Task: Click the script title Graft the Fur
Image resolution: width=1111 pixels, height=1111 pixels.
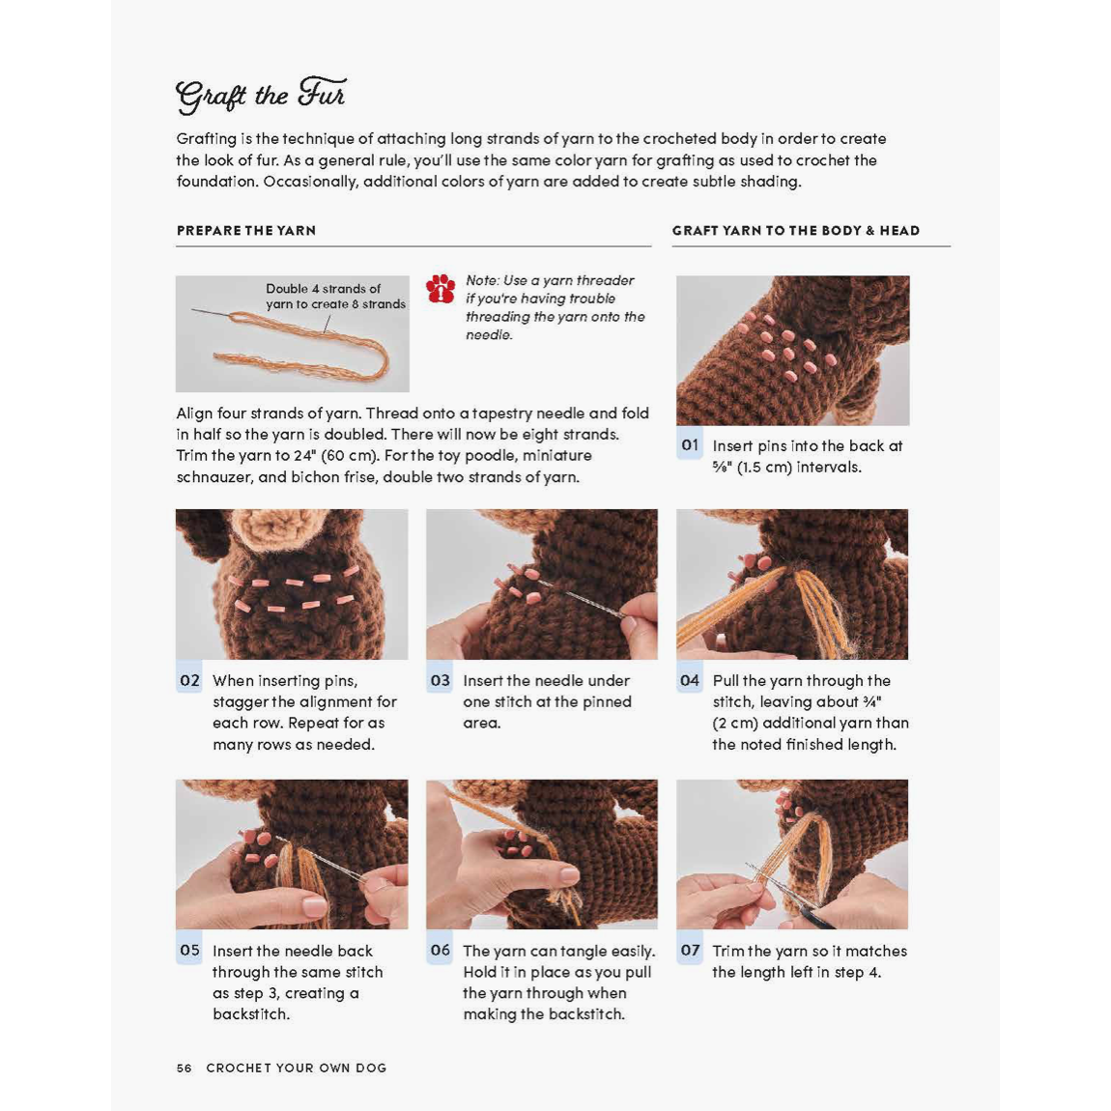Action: [x=260, y=95]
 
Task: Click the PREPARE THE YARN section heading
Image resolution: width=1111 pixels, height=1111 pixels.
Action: [x=245, y=231]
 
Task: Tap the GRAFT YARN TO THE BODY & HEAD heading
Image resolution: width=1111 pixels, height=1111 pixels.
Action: [x=795, y=231]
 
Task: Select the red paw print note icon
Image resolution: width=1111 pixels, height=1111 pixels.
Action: [x=441, y=289]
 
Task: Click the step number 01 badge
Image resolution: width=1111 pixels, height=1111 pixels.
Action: [x=690, y=445]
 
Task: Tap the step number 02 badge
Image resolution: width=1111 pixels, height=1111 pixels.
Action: [x=189, y=680]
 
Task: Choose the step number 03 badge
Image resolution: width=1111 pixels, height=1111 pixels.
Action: [x=440, y=680]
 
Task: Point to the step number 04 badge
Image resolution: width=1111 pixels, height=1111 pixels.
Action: [x=690, y=680]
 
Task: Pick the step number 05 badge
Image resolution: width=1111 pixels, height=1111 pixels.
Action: [x=189, y=951]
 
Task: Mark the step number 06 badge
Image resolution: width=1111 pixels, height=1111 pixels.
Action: [x=440, y=951]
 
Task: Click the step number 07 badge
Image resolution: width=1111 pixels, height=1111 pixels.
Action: [x=690, y=951]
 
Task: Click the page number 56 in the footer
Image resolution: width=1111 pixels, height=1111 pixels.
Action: [x=184, y=1068]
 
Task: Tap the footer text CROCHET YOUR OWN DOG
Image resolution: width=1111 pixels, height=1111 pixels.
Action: [x=297, y=1068]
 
